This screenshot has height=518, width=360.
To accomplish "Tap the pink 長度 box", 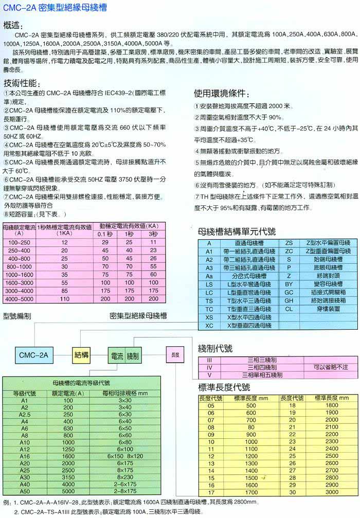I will click(175, 354).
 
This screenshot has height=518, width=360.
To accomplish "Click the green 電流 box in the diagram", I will click(115, 355).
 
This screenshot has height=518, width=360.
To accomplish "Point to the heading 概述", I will click(14, 24).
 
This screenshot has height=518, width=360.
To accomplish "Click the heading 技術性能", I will click(20, 83).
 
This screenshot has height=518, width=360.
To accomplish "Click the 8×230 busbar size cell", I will click(125, 477).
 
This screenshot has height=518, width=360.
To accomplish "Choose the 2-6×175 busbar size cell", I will click(125, 484).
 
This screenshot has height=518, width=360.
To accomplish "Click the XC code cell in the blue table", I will click(209, 325).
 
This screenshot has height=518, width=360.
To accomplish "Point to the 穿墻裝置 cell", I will click(327, 309).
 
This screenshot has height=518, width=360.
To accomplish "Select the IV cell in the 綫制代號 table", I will click(209, 367).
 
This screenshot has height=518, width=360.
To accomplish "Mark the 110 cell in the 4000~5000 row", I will click(64, 298).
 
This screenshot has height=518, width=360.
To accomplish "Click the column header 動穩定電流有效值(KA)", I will click(129, 225).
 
